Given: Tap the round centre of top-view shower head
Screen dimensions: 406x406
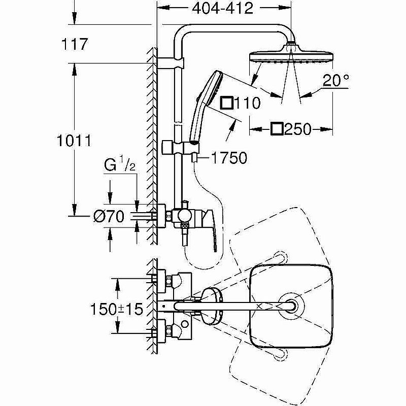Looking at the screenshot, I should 292,307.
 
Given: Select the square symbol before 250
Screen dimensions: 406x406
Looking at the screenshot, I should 277,129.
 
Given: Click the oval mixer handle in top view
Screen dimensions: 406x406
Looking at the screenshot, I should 210,306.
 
